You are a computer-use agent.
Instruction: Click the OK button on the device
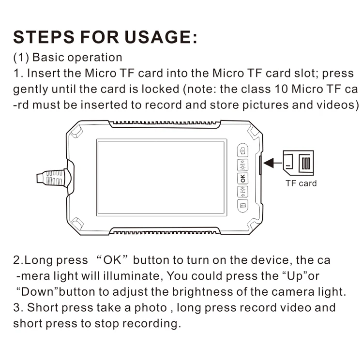(242, 179)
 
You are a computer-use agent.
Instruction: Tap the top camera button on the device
(242, 151)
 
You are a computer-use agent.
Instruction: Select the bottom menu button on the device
(242, 206)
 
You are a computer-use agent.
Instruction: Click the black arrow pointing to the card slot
(273, 163)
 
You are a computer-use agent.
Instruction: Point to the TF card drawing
(299, 163)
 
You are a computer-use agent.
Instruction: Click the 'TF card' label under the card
(301, 183)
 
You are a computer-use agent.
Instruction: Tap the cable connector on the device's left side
(53, 178)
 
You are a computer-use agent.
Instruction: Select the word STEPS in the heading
(44, 37)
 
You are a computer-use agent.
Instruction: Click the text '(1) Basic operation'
(68, 58)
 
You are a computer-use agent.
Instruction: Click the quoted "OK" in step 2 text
(112, 260)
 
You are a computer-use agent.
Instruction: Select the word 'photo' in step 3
(151, 308)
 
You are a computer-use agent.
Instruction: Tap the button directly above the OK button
(242, 165)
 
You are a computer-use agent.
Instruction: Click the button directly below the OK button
(242, 192)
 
